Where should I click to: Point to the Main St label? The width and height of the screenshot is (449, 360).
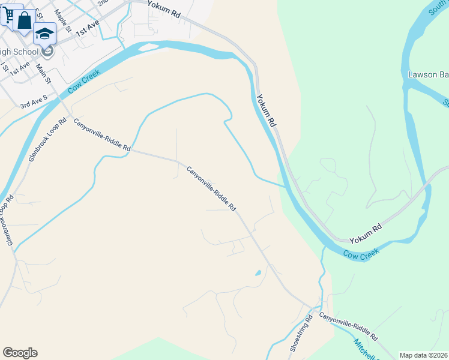click(44, 74)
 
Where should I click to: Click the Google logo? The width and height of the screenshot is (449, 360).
click(20, 353)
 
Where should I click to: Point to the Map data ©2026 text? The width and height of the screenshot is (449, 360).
click(424, 355)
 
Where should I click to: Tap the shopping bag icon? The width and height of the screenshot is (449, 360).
click(25, 21)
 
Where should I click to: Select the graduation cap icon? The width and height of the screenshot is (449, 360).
click(44, 33)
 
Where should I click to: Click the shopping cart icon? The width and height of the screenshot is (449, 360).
click(8, 14)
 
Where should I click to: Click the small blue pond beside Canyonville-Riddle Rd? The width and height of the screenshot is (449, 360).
click(258, 273)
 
